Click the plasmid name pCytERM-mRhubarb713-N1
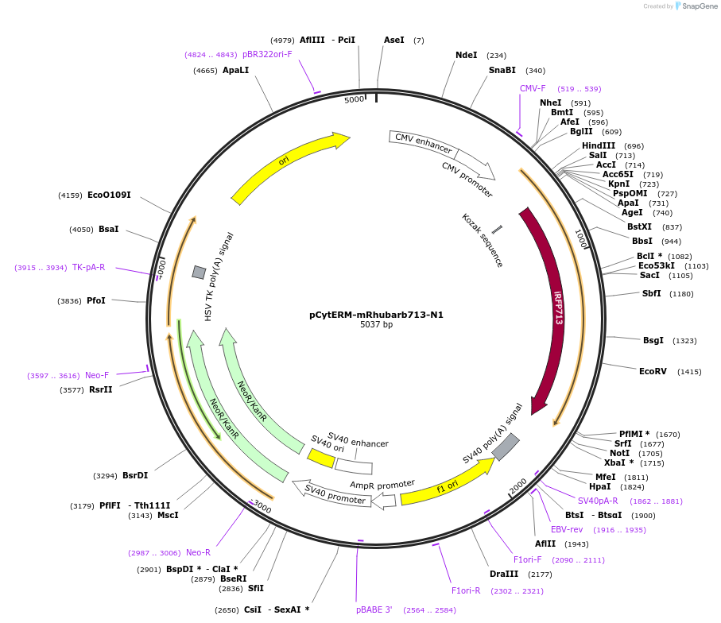pyautogui.click(x=376, y=315)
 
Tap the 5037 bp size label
pyautogui.click(x=376, y=325)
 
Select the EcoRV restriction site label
pyautogui.click(x=653, y=371)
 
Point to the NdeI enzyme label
pyautogui.click(x=466, y=55)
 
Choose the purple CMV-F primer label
pyautogui.click(x=533, y=88)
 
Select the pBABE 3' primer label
pyautogui.click(x=374, y=609)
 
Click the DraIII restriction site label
pyautogui.click(x=504, y=574)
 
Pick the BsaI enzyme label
pyautogui.click(x=108, y=229)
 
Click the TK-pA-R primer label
pyautogui.click(x=88, y=267)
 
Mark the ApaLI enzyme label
pyautogui.click(x=235, y=70)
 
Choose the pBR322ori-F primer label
pyautogui.click(x=267, y=54)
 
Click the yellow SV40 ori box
pyautogui.click(x=321, y=459)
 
